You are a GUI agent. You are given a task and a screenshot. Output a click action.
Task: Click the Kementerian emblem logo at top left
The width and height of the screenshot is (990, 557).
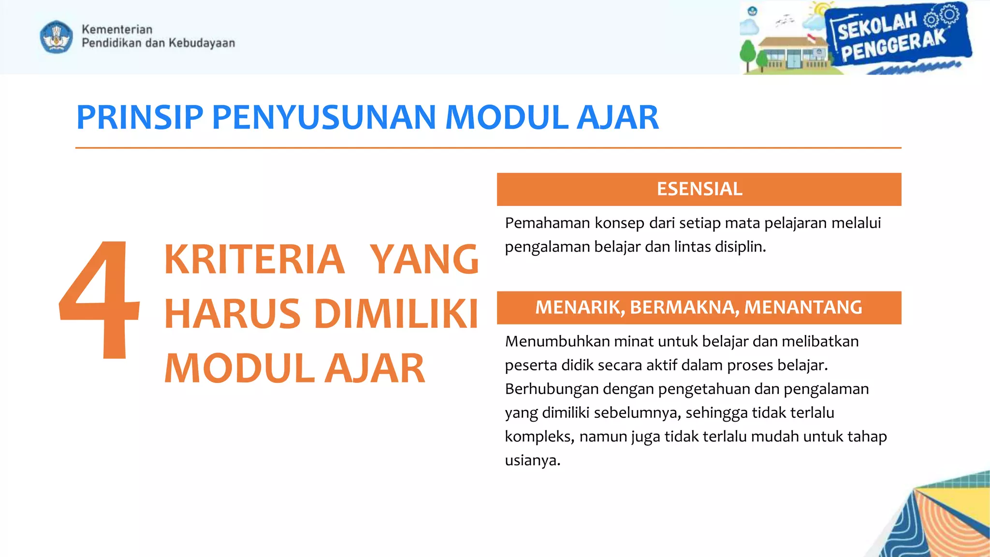tap(57, 36)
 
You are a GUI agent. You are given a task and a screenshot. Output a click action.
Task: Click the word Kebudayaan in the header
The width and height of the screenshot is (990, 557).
tap(202, 43)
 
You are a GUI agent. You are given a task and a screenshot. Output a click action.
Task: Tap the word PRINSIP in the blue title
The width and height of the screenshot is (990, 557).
tap(140, 117)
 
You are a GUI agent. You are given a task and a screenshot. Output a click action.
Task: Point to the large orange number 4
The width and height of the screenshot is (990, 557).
tap(99, 300)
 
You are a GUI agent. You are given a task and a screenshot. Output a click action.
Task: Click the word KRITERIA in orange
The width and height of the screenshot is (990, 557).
tap(254, 260)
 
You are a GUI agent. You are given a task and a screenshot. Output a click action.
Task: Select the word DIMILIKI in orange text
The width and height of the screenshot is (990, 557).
tap(396, 314)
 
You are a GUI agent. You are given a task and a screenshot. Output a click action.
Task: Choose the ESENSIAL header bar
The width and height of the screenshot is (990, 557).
tap(699, 189)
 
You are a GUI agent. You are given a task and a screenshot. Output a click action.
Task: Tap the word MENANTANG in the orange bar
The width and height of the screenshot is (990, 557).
tap(803, 308)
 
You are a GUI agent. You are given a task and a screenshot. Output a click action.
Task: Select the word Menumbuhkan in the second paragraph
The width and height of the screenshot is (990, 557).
tap(557, 342)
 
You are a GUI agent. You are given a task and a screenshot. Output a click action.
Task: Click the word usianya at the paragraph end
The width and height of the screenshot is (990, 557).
tap(532, 460)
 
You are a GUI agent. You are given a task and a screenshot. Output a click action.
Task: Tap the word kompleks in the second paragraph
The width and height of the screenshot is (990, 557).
tap(539, 437)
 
